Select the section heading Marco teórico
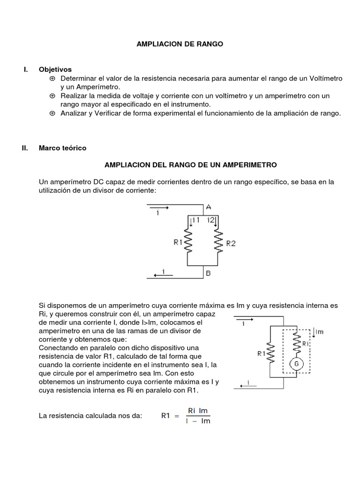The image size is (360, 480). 62,148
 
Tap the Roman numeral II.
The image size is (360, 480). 26,148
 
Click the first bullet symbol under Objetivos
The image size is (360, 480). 52,78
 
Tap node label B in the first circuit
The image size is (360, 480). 208,273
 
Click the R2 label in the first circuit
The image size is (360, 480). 231,243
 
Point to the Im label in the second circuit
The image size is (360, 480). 320,332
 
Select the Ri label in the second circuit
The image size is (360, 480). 306,345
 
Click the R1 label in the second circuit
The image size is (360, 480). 261,354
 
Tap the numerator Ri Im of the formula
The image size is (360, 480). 198,411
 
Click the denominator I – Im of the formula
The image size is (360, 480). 198,421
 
